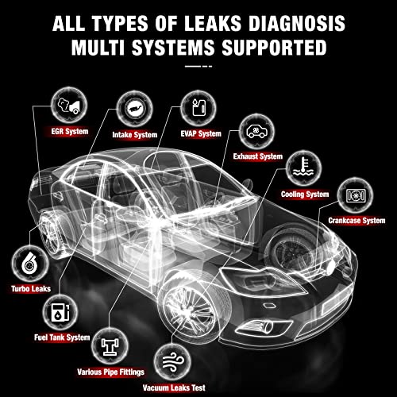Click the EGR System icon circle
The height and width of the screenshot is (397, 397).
click(64, 104)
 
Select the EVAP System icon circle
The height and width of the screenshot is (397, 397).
click(195, 108)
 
